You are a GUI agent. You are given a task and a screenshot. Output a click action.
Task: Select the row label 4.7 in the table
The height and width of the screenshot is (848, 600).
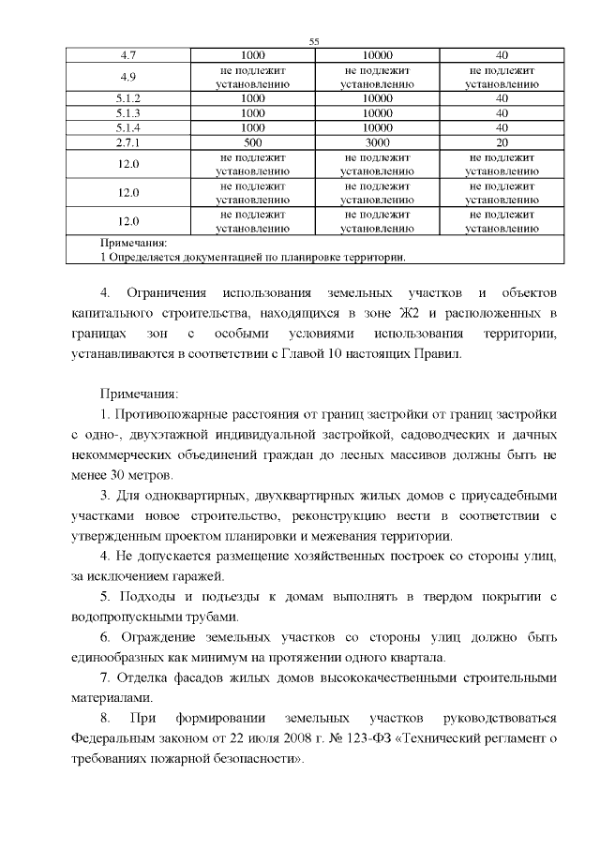tap(129, 55)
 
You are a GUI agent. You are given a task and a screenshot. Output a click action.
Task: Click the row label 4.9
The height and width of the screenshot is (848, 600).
tap(129, 76)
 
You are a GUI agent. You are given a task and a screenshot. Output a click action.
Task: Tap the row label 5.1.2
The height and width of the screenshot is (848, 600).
tap(129, 97)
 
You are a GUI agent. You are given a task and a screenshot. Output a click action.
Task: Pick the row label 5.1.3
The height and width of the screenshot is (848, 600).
tap(129, 112)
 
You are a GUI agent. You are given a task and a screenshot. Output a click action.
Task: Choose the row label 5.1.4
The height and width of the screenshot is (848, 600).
tap(129, 127)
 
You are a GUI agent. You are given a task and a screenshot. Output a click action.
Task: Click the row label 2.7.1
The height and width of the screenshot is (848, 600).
tap(129, 142)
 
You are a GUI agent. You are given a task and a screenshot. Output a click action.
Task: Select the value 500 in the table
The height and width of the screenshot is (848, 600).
tap(252, 142)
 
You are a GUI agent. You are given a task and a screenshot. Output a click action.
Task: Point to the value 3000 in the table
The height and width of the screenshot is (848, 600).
tap(377, 142)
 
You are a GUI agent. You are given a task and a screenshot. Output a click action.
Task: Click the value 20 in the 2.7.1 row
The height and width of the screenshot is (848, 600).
tap(502, 142)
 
